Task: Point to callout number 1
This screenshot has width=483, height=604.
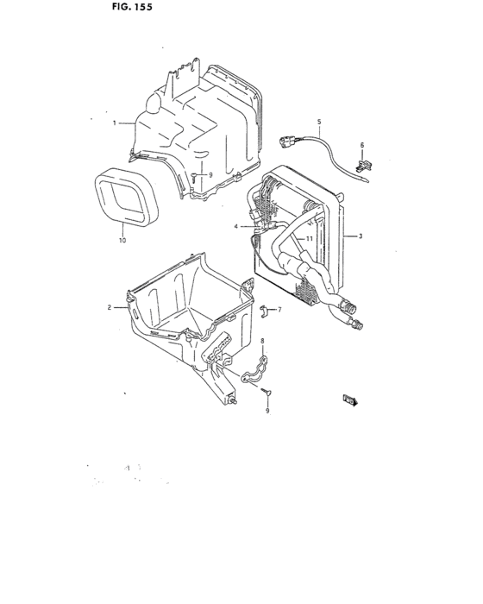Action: coord(114,123)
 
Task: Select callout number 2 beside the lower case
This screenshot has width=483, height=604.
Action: coord(110,307)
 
